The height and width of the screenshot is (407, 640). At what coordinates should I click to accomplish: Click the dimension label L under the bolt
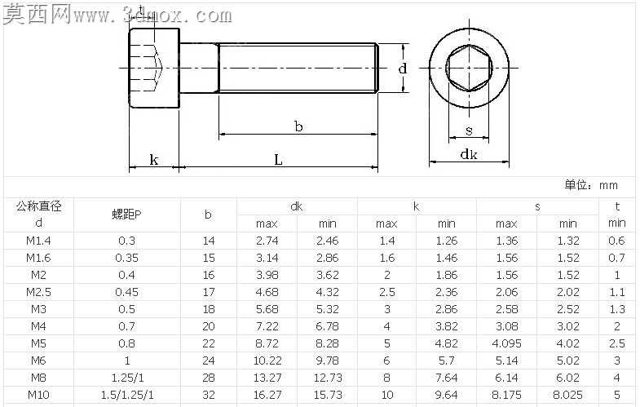[x=278, y=159]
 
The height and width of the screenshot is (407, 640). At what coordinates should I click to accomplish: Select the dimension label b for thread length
[x=298, y=126]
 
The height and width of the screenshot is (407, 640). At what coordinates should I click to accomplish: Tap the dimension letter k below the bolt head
[x=154, y=159]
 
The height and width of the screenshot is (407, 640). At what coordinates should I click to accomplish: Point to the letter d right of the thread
[x=403, y=68]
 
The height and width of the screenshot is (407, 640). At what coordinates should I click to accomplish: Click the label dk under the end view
[x=469, y=154]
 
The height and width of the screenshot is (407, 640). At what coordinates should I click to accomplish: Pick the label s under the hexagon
[x=469, y=131]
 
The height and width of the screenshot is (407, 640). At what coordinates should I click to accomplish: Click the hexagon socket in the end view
[x=469, y=68]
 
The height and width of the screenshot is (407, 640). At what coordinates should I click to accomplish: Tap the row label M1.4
[x=38, y=241]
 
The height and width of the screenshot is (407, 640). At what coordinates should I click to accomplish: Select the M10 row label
[x=38, y=395]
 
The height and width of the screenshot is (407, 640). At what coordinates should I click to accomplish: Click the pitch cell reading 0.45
[x=126, y=292]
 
